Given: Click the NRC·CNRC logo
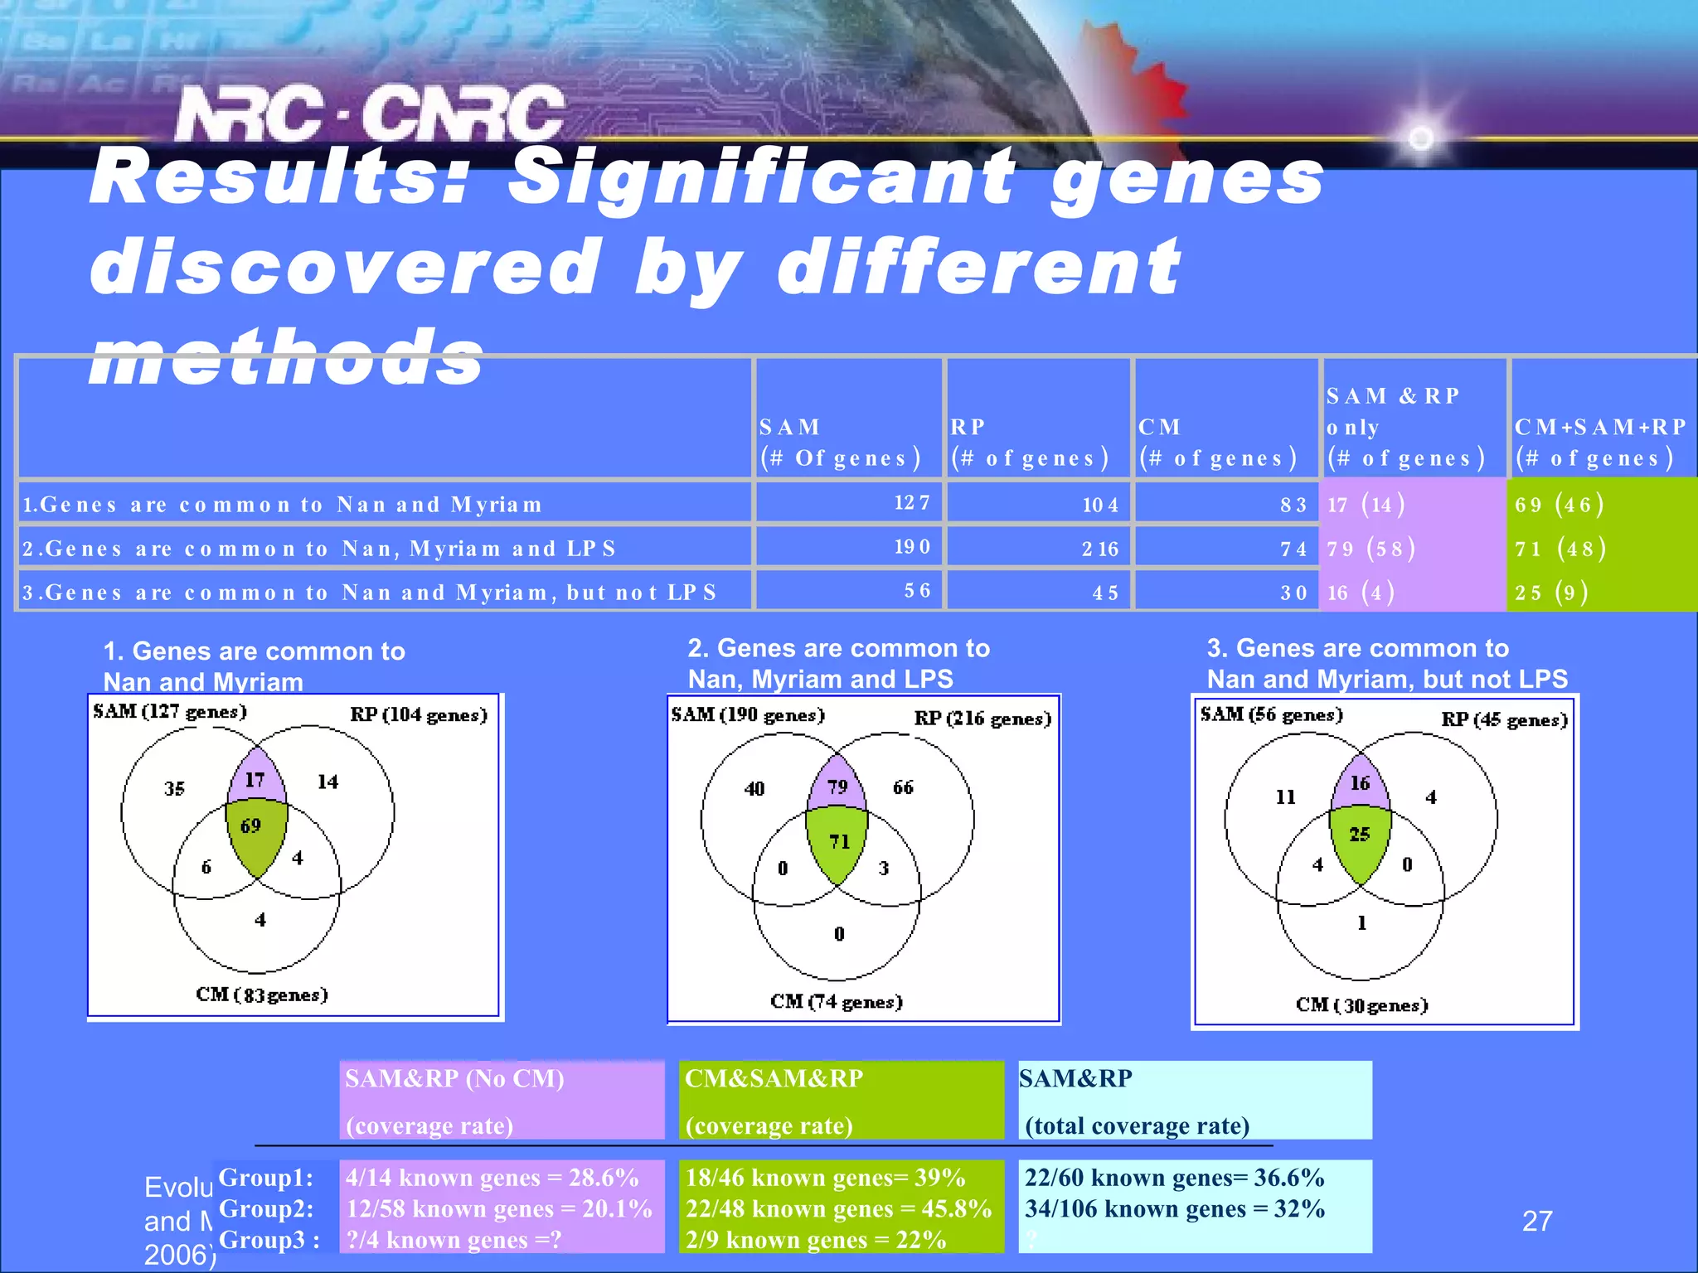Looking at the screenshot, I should click(370, 114).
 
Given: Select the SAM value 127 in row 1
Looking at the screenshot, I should click(911, 503).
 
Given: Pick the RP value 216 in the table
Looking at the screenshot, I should click(1099, 549).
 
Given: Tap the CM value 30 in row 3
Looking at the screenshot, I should click(1293, 593).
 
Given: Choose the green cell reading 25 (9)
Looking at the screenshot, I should click(1550, 593).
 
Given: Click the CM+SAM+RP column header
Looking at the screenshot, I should click(1600, 443).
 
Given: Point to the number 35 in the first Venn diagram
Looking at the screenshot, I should click(174, 788).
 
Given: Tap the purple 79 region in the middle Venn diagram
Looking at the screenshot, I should click(837, 787).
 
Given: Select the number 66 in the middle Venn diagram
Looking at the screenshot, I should click(903, 787).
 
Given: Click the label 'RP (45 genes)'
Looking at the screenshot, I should click(1504, 719).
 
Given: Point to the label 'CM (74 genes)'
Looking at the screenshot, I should click(836, 1002).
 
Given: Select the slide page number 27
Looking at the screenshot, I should click(1537, 1221).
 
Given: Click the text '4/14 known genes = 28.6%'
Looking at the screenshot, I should click(492, 1178).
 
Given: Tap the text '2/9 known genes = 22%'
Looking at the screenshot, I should click(815, 1240).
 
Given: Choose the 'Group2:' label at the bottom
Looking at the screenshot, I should click(265, 1209).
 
